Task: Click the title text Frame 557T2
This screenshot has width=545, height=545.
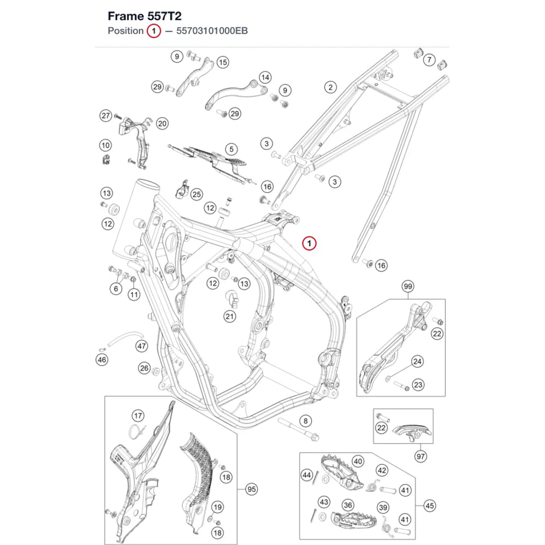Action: tap(144, 16)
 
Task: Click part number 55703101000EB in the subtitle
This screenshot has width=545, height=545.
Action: tap(212, 31)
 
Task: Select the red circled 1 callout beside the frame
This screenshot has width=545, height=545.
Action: tap(310, 243)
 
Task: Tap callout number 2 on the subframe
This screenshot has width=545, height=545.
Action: tap(330, 87)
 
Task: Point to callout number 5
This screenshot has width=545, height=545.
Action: tap(232, 149)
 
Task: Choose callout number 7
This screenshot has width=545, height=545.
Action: tap(429, 60)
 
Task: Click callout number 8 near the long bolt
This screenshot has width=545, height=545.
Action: tap(306, 421)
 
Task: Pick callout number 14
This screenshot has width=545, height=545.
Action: tap(265, 77)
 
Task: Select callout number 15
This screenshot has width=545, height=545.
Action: tap(223, 62)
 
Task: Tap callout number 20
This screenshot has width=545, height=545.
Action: tap(162, 123)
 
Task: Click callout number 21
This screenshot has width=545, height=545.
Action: tap(229, 316)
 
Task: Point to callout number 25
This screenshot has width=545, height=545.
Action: tap(197, 195)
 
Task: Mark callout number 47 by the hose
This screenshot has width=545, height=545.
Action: tap(142, 346)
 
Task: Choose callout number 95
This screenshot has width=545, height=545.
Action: tap(251, 489)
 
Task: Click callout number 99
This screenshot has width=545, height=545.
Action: tap(408, 287)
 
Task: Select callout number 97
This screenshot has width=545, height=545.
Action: tap(421, 456)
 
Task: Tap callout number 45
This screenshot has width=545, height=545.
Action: tap(429, 506)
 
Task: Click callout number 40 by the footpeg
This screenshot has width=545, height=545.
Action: tap(358, 461)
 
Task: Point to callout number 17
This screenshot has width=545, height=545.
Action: tap(138, 416)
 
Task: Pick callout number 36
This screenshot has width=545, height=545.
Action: tap(348, 505)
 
